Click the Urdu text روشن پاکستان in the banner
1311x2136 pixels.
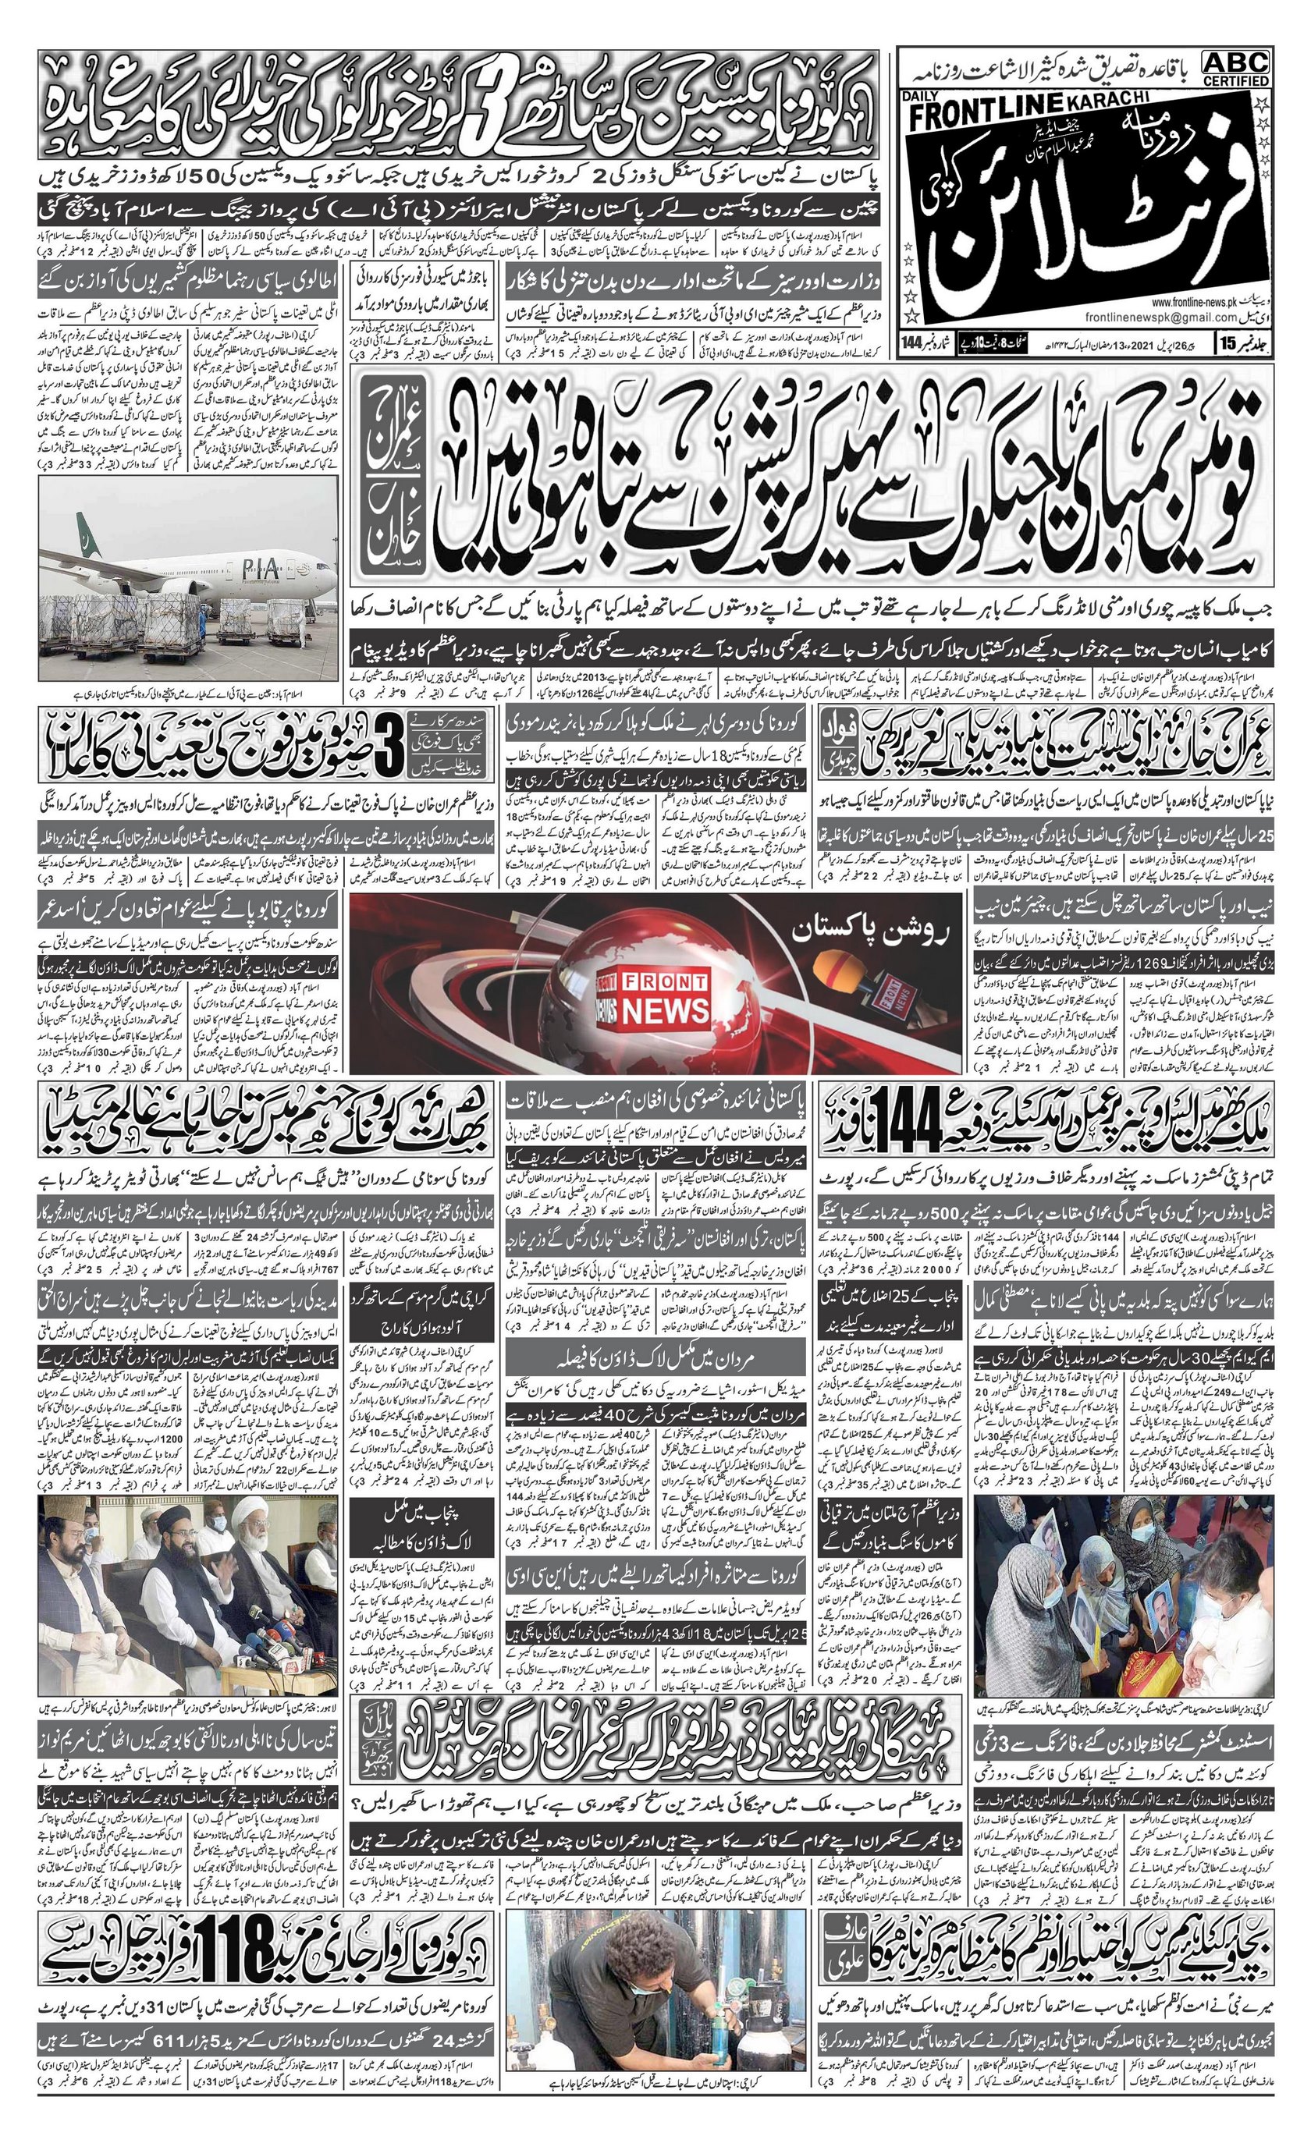(x=876, y=931)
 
